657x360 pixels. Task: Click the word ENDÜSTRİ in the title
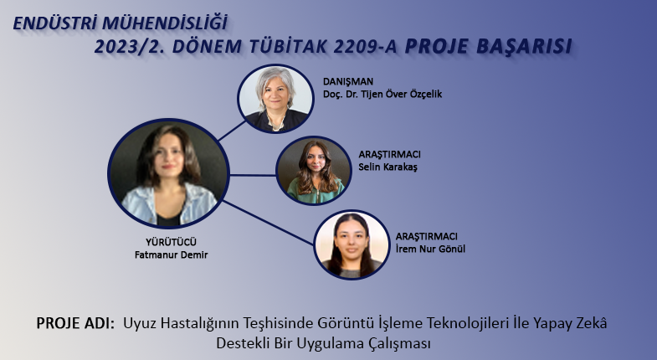[55, 23]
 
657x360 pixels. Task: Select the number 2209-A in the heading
[366, 47]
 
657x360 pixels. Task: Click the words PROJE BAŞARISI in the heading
[488, 46]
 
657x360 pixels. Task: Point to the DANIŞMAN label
[348, 82]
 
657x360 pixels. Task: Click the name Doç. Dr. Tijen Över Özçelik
[382, 94]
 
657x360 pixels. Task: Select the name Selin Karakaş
[388, 167]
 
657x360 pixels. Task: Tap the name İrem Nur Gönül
[430, 249]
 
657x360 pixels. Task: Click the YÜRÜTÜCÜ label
[171, 242]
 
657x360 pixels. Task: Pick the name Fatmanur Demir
[171, 255]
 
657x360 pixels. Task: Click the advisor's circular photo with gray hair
[275, 99]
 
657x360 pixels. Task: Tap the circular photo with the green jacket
[313, 170]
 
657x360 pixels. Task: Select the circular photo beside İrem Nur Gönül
[352, 244]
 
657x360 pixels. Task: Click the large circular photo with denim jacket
[168, 173]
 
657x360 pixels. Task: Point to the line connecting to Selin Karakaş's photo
[253, 175]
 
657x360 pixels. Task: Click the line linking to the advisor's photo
[232, 131]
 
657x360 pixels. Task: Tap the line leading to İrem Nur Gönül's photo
[268, 223]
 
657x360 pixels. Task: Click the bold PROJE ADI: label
[75, 323]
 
